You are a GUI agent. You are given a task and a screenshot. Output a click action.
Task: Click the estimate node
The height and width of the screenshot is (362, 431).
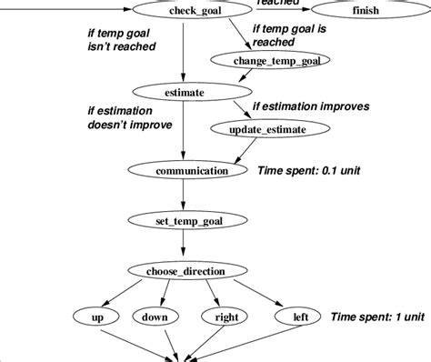click(x=185, y=92)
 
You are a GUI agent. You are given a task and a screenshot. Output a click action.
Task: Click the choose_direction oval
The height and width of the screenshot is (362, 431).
click(x=185, y=270)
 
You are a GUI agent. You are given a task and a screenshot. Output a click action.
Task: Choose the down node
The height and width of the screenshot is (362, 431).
click(x=154, y=317)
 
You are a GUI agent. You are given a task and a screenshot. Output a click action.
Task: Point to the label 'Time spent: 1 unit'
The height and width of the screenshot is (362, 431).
click(x=376, y=317)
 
